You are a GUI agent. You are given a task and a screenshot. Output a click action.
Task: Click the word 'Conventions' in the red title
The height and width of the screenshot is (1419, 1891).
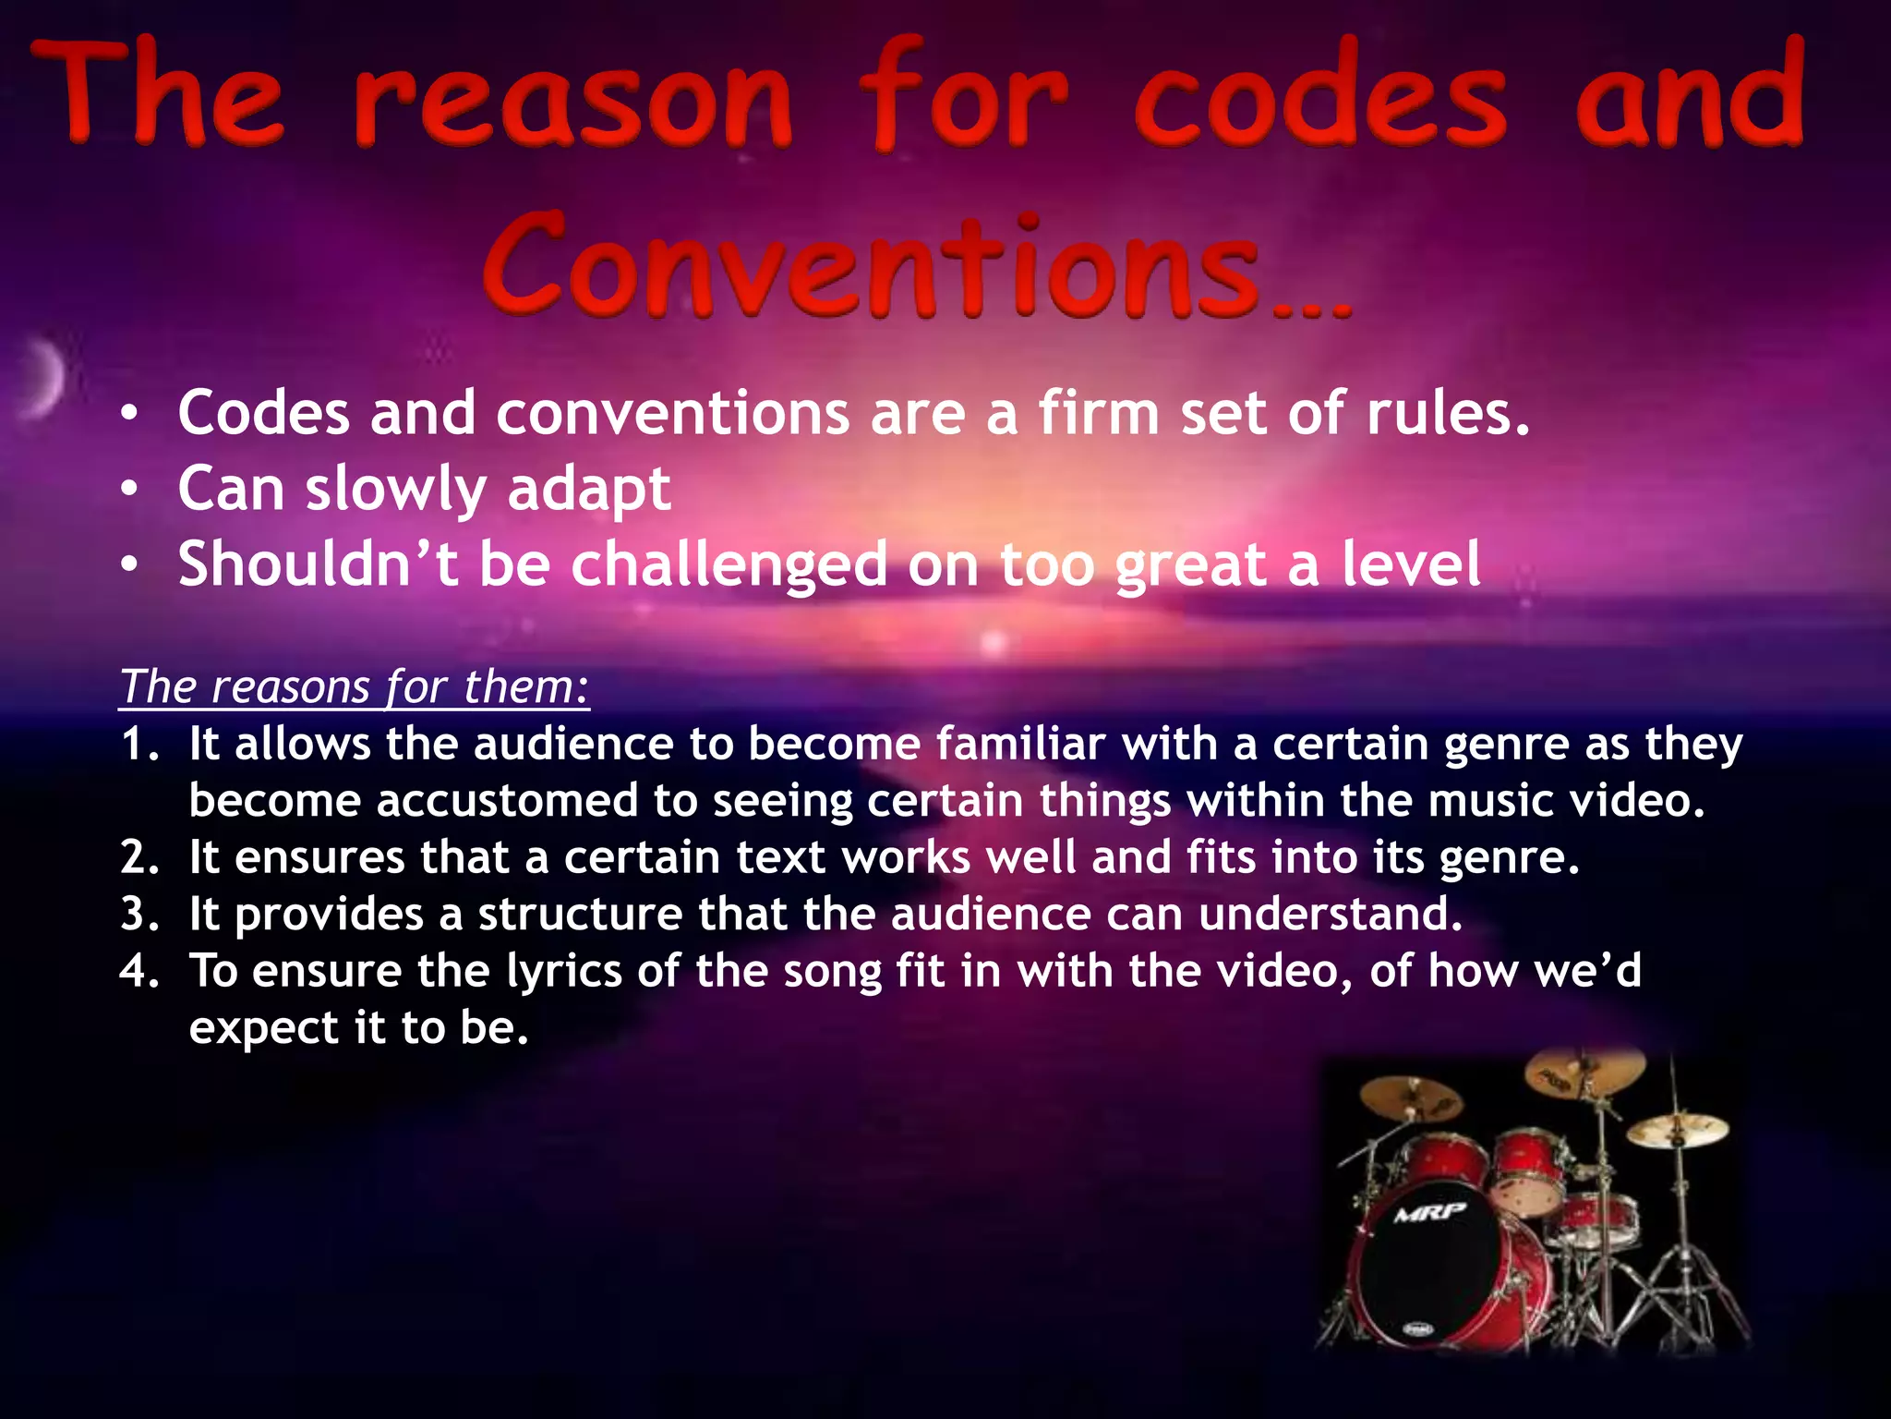click(x=872, y=268)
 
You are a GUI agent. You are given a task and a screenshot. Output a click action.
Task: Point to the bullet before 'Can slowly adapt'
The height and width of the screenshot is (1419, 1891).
click(x=130, y=489)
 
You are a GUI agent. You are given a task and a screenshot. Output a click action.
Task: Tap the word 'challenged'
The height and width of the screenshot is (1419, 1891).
click(x=729, y=565)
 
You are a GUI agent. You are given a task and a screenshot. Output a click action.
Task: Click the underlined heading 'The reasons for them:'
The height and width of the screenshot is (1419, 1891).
click(x=355, y=687)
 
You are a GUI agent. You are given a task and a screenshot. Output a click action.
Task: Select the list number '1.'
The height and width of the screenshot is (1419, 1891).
click(x=139, y=745)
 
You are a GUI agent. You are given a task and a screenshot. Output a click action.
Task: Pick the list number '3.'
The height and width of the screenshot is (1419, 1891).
click(x=139, y=915)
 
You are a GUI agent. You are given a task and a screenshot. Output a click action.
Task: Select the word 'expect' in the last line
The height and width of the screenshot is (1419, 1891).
click(x=264, y=1029)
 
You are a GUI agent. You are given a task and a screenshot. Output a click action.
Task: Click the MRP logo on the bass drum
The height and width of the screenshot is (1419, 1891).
click(x=1429, y=1212)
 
